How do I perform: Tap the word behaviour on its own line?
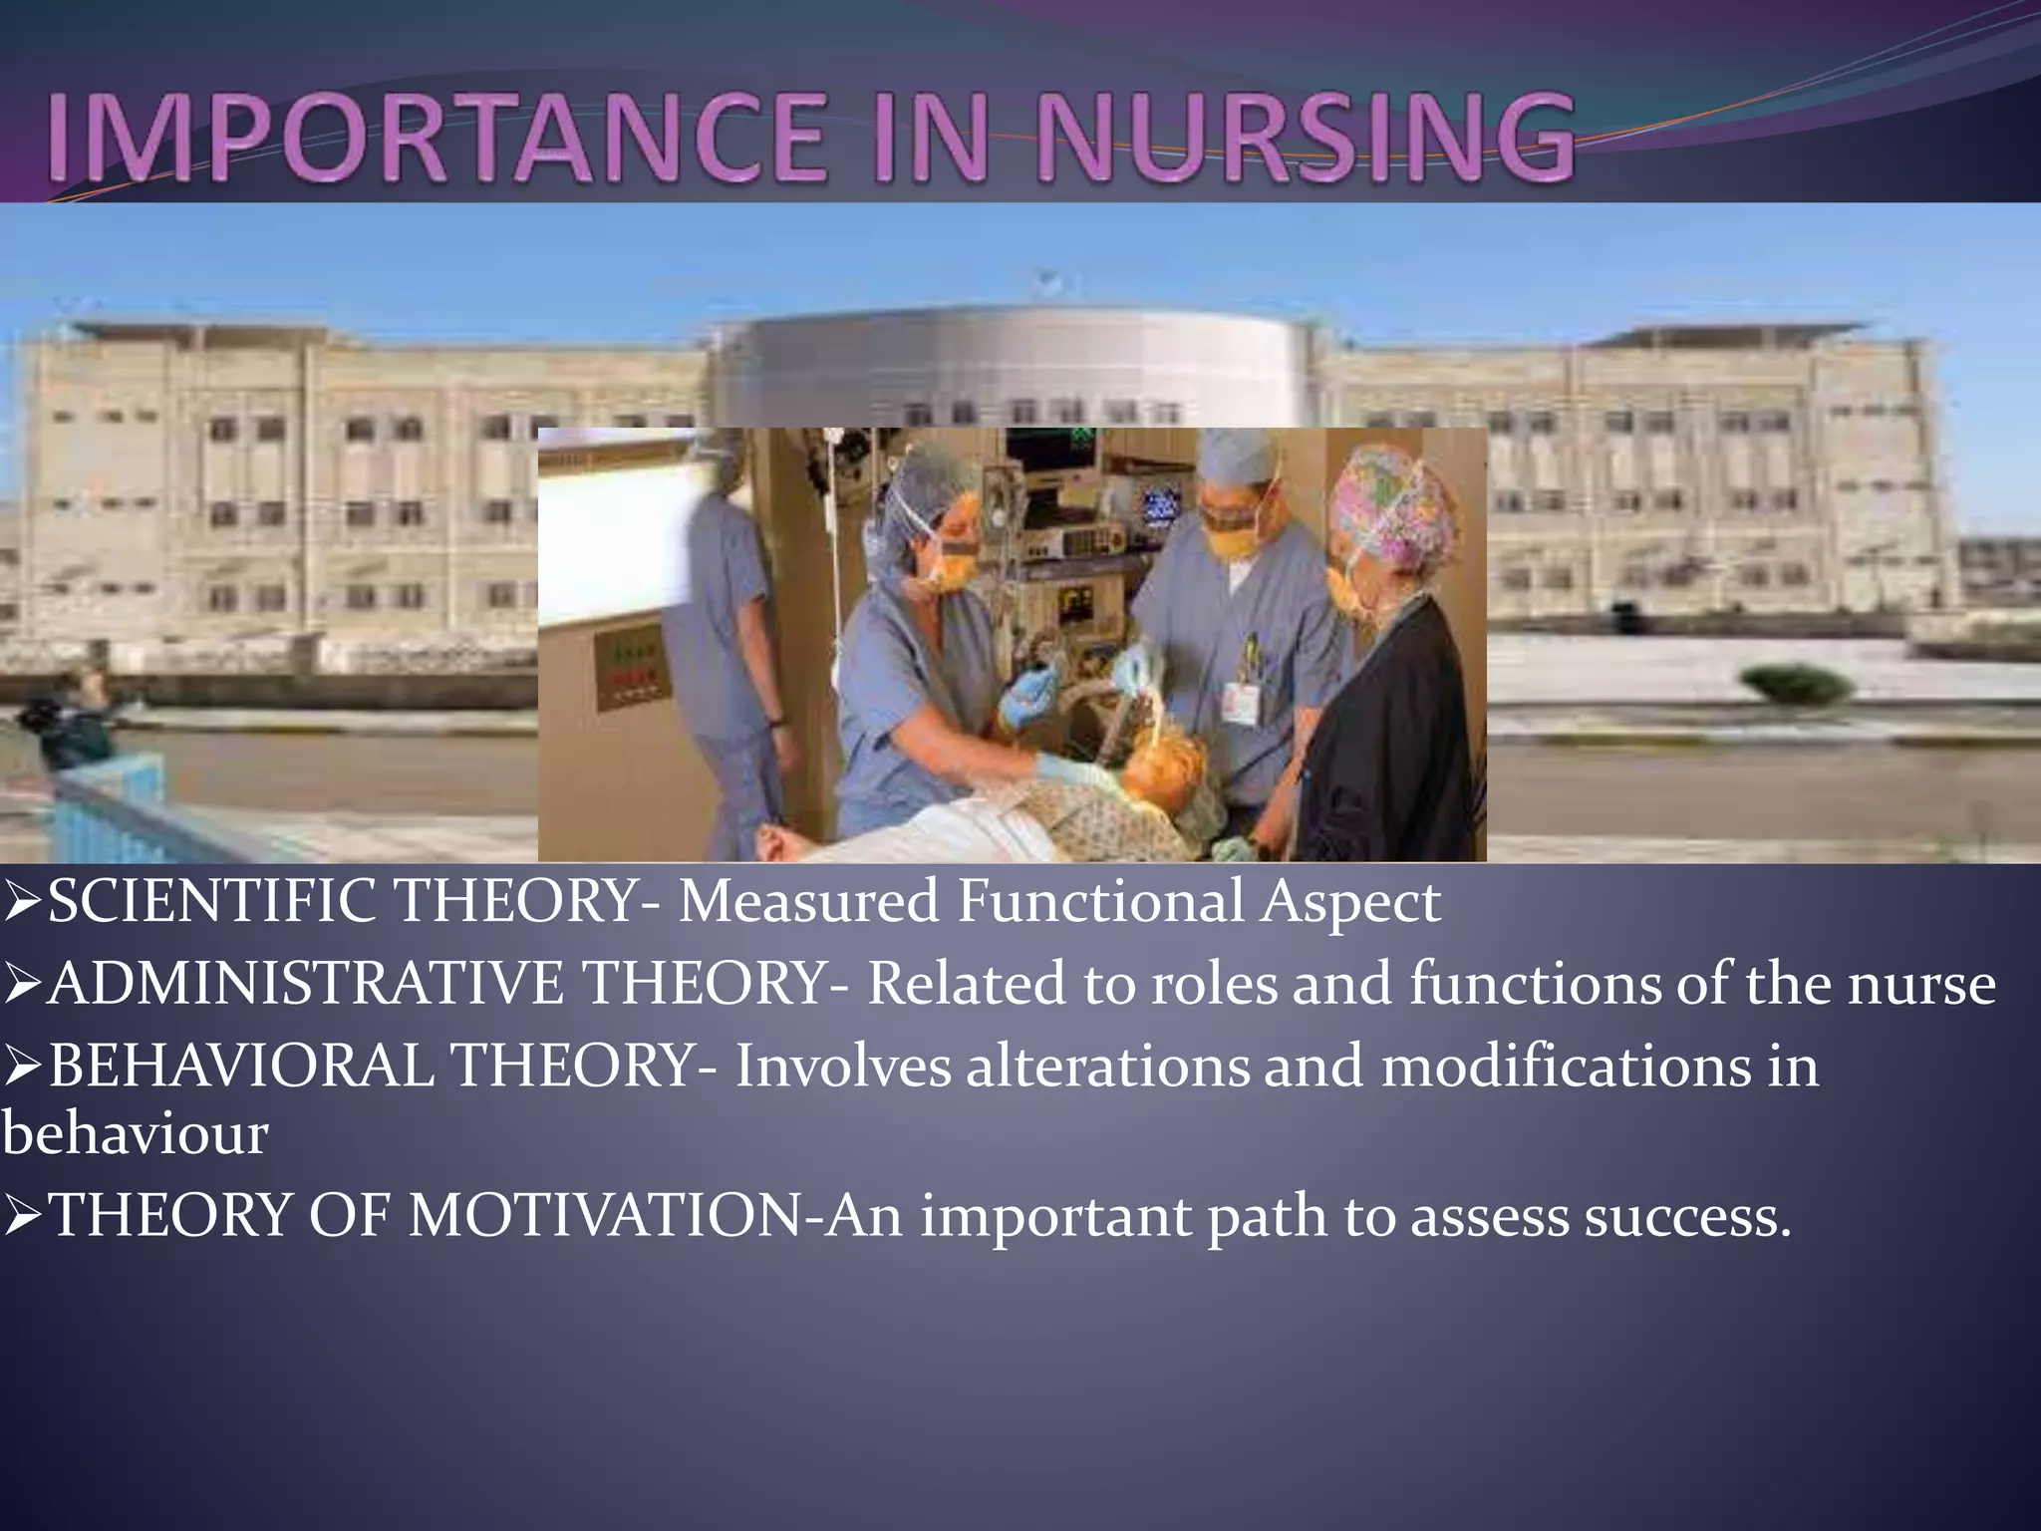point(135,1135)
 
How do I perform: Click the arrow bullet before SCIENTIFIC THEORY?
point(22,904)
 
